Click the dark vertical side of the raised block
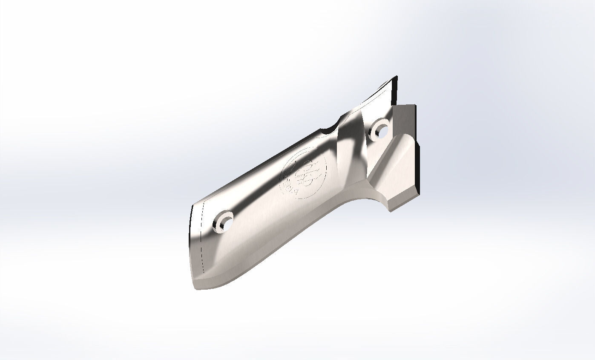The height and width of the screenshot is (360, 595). pyautogui.click(x=418, y=166)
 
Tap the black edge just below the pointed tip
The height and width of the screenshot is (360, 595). pyautogui.click(x=397, y=92)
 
